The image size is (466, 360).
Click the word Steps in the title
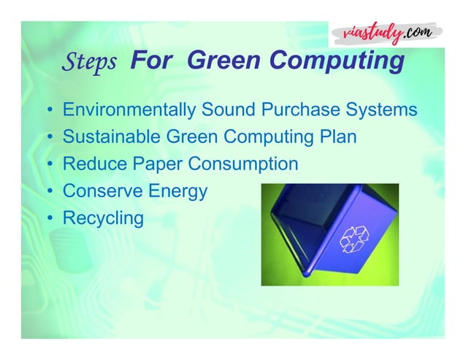coord(91,62)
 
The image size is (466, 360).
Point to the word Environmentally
coord(128,110)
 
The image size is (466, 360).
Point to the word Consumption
coord(243,164)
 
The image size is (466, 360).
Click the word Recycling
coord(103,218)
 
